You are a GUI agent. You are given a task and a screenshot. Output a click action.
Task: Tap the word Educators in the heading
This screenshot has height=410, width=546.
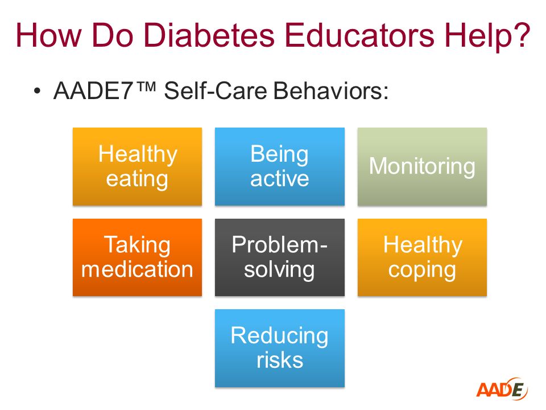(359, 35)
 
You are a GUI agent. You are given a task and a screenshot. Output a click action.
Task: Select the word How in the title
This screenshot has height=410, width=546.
(48, 35)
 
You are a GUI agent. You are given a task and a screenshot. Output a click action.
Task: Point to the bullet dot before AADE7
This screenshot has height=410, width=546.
(37, 91)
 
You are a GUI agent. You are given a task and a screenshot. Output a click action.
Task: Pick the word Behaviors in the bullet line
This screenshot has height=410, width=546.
(330, 91)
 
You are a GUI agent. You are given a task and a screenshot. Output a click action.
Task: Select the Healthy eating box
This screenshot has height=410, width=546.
(137, 166)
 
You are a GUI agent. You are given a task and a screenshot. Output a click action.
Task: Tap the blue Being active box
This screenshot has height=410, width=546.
(280, 166)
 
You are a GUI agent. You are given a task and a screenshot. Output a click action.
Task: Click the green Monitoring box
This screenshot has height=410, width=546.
(422, 166)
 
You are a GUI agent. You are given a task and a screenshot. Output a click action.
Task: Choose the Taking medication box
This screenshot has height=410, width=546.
(137, 257)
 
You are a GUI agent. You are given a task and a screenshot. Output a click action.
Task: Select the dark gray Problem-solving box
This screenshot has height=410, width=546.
(280, 257)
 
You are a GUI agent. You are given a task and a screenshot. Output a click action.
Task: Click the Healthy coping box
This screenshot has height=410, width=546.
(422, 257)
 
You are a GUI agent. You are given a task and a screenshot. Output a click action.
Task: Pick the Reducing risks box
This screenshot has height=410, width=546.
(280, 348)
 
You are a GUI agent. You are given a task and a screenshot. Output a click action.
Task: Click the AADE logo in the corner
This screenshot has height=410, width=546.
(502, 388)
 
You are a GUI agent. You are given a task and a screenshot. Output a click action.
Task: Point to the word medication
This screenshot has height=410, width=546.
(137, 269)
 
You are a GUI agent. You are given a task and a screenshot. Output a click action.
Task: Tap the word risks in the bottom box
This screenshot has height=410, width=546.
(280, 360)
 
